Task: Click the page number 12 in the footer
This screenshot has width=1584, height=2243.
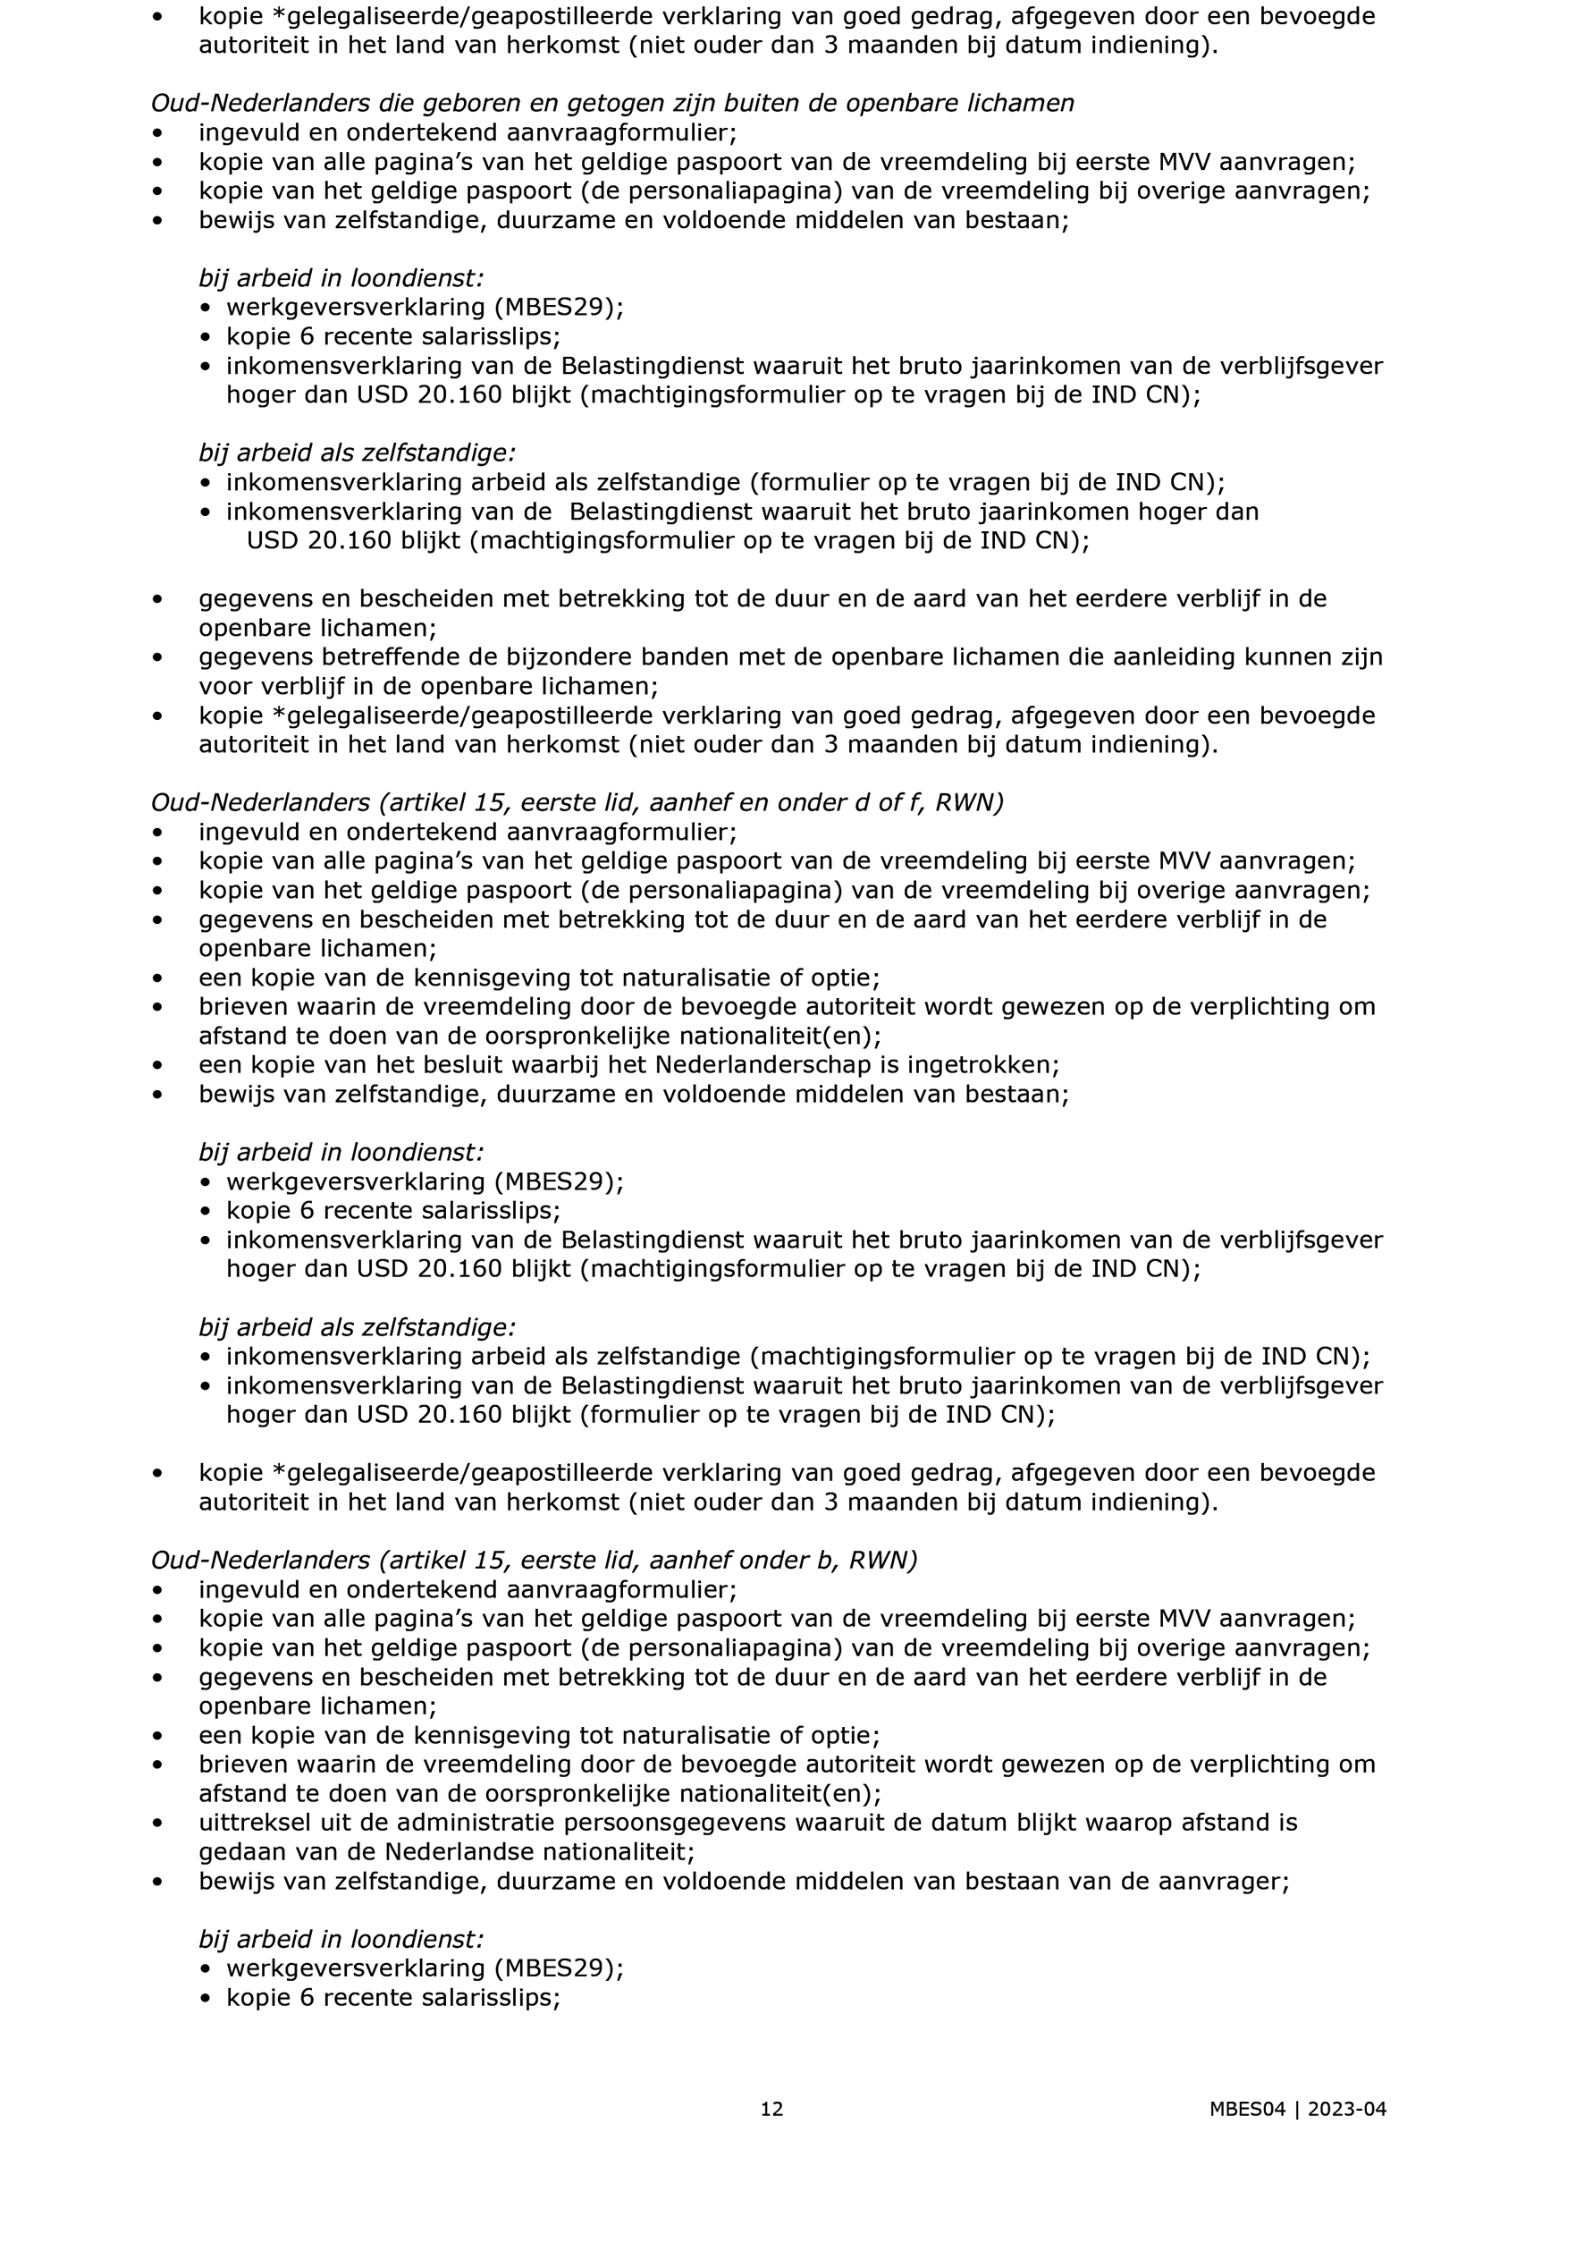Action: pos(771,2109)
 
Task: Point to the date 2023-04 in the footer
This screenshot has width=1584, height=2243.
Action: pos(1347,2109)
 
